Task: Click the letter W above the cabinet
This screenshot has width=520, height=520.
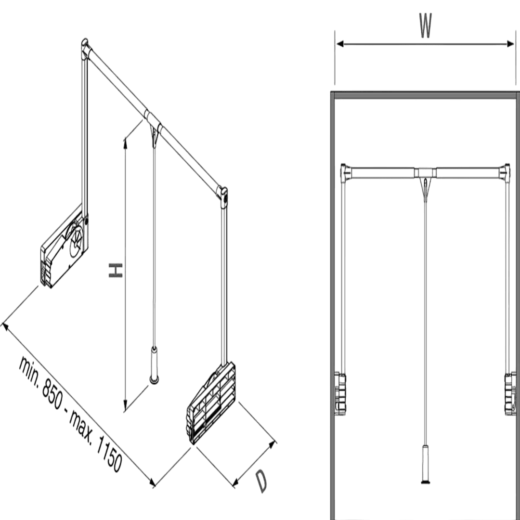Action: (425, 26)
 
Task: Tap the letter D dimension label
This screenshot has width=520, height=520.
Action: (260, 481)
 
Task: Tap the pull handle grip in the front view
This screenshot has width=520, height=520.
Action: (426, 462)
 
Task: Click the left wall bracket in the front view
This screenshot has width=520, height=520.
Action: (340, 393)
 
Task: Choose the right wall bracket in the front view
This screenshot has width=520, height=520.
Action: (509, 393)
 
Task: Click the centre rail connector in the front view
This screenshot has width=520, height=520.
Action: (425, 172)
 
